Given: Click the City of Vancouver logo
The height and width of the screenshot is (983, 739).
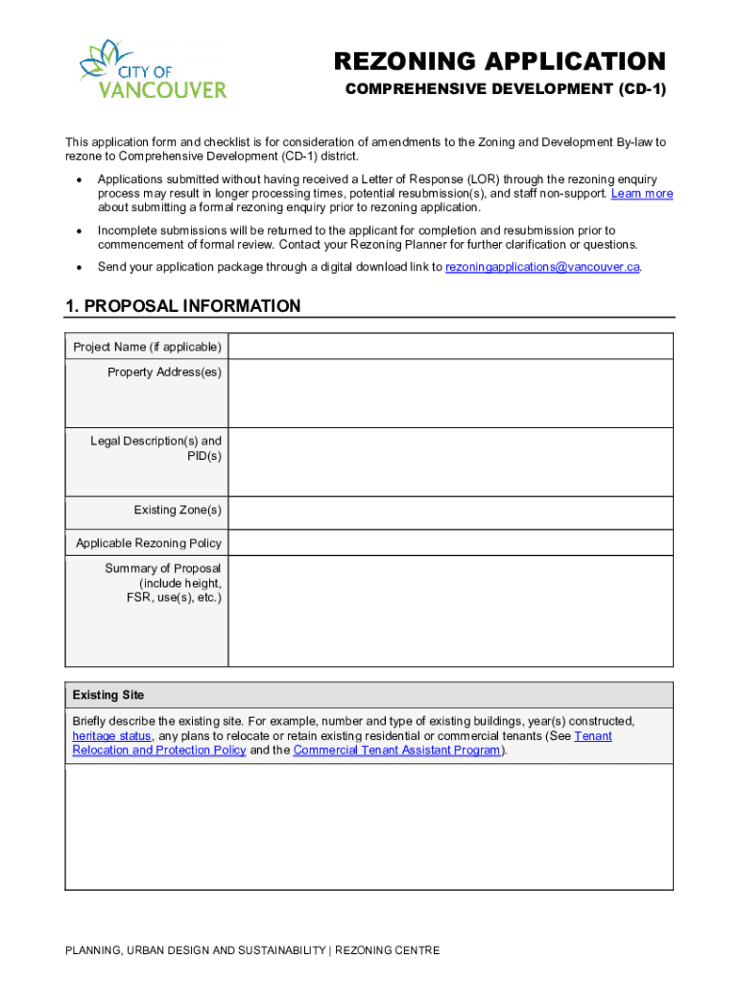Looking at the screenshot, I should [153, 69].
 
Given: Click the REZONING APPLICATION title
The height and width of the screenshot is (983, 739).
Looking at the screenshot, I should [499, 61].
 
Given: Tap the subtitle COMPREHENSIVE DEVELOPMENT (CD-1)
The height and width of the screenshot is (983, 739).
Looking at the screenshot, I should [505, 90].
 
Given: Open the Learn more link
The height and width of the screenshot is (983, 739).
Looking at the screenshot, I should [642, 193].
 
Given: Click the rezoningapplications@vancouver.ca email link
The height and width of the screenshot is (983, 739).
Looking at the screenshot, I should [542, 267].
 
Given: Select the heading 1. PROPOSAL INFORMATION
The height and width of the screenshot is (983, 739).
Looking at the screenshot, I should [182, 306].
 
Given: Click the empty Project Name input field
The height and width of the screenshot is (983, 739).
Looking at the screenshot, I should [450, 347].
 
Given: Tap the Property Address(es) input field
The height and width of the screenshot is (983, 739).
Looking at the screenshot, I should [450, 394].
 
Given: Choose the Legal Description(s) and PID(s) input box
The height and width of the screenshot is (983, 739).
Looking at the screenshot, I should [450, 462].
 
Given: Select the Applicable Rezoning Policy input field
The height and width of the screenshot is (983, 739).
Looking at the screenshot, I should [450, 543].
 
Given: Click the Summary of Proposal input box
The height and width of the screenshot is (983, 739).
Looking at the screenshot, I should [450, 611].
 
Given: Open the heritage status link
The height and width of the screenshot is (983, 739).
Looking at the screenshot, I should [111, 736].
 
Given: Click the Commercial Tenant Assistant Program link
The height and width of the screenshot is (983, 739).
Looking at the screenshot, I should [396, 751].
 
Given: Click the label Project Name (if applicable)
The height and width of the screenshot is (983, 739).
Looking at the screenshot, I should [147, 347].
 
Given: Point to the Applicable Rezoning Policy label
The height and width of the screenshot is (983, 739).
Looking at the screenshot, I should [149, 543].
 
